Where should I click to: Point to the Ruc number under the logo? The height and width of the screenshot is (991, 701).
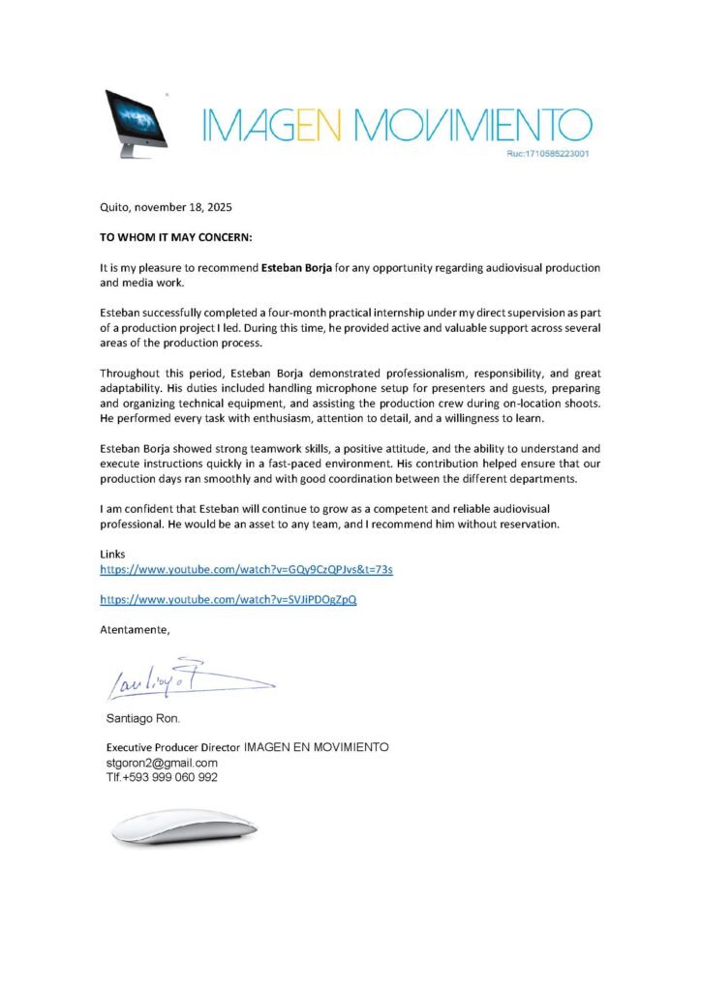tap(549, 154)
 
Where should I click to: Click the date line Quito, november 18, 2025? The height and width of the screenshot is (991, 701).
tap(167, 207)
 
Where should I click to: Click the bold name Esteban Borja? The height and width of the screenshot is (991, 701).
tap(297, 266)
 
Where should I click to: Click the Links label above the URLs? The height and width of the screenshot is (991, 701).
tap(113, 554)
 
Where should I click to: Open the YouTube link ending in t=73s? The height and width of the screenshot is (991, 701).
tap(246, 570)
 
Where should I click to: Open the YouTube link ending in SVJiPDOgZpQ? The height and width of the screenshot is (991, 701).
tap(229, 600)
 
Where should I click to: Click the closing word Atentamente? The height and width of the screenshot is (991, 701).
tap(135, 630)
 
